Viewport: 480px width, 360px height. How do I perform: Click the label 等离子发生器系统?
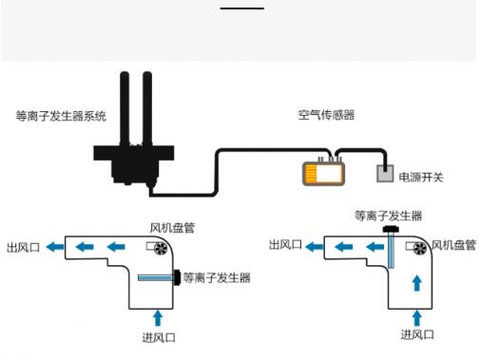click(x=61, y=116)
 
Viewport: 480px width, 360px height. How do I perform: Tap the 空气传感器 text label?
click(x=326, y=115)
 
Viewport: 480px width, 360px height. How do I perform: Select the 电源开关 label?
click(x=421, y=178)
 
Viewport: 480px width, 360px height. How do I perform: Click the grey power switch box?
click(x=385, y=174)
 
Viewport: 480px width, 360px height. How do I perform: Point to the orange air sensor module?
click(x=323, y=173)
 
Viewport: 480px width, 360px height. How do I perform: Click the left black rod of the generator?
click(x=125, y=108)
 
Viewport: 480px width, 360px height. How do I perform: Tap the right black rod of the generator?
click(x=147, y=108)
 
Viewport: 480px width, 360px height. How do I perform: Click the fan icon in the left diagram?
click(x=161, y=248)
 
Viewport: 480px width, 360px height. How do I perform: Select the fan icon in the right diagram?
click(x=420, y=248)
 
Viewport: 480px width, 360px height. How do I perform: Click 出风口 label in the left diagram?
click(x=23, y=247)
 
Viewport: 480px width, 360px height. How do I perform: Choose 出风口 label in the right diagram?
click(x=285, y=244)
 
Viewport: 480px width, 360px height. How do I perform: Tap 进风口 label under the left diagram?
click(x=159, y=337)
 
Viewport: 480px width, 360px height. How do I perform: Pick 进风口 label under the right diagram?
click(x=417, y=334)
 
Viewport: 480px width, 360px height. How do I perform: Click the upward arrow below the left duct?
click(x=158, y=318)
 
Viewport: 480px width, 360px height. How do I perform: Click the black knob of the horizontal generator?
click(x=178, y=277)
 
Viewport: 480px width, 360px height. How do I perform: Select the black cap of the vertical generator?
click(x=391, y=229)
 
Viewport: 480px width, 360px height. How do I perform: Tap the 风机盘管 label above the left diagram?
click(x=172, y=228)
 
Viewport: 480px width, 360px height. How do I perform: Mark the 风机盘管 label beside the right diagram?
click(x=453, y=245)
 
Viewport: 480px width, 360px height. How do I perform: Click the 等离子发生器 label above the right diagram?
click(x=388, y=216)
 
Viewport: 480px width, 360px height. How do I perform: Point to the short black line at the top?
click(x=242, y=9)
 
